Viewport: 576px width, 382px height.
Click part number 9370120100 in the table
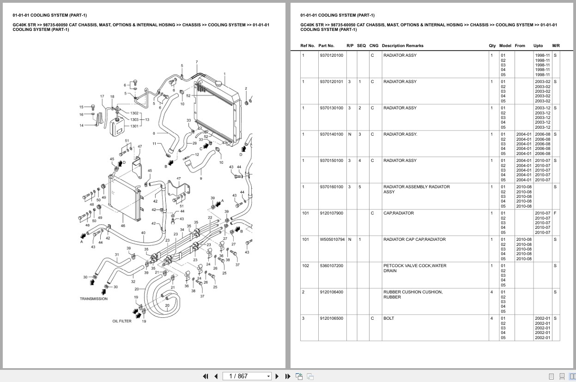(x=331, y=55)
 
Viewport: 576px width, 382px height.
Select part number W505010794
(x=332, y=239)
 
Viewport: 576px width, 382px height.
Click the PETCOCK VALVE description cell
(x=414, y=268)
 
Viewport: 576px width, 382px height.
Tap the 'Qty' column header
(x=492, y=46)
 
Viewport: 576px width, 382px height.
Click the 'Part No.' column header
(x=326, y=46)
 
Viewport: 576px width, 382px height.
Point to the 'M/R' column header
(x=556, y=46)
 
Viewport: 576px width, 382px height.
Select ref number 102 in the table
(x=305, y=266)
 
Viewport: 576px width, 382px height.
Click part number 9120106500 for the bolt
(x=331, y=318)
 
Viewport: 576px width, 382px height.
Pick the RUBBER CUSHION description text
(x=412, y=294)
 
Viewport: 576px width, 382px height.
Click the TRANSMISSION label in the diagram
(x=93, y=298)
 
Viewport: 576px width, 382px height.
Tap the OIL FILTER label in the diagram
(x=121, y=321)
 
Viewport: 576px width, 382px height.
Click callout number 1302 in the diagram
(x=134, y=113)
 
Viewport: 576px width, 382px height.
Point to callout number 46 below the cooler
(x=123, y=226)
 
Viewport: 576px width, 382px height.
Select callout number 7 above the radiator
(x=196, y=62)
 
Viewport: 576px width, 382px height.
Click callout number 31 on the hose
(x=117, y=255)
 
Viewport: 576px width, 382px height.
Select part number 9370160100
(x=331, y=187)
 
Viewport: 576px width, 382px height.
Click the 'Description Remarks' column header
(x=402, y=46)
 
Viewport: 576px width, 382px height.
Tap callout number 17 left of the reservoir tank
(x=102, y=96)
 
